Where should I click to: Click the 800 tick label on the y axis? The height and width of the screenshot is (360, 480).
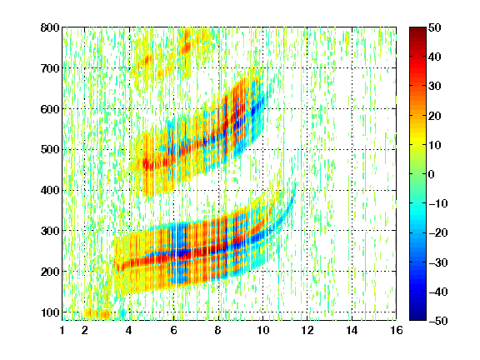50,27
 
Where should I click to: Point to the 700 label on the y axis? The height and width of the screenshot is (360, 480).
50,68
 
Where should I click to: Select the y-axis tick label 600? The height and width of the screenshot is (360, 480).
50,109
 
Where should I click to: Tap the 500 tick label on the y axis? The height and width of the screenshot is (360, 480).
50,150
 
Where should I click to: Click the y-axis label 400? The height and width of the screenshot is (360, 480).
50,190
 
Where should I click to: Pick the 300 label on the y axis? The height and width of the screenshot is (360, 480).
50,231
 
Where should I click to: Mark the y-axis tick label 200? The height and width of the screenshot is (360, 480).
50,272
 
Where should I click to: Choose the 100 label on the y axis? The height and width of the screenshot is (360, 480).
50,312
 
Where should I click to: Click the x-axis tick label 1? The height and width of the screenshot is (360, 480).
62,330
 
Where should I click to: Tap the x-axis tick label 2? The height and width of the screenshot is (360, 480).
85,330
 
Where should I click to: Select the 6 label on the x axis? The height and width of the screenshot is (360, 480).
173,330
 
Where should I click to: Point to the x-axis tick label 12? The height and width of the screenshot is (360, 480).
307,330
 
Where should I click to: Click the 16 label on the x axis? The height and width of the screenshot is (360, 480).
397,330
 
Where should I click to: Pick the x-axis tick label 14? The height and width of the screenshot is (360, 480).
352,330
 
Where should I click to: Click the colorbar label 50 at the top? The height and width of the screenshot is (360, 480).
434,27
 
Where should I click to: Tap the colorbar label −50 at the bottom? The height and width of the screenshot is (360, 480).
438,321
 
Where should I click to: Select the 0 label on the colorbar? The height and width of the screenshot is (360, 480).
432,174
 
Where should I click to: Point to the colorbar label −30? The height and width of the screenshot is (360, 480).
438,262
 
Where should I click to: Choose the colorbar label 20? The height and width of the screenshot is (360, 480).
434,116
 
